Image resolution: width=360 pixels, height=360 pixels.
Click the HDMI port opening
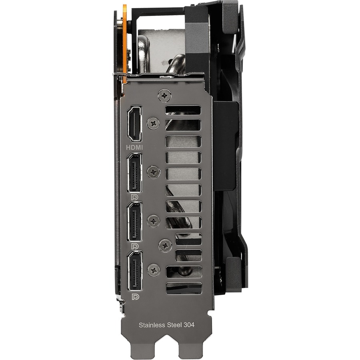[x=134, y=124]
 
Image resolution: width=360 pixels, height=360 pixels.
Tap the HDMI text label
[x=134, y=147]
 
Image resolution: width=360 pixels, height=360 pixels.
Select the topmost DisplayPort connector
[x=134, y=173]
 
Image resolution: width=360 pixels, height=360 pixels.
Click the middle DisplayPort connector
[x=134, y=222]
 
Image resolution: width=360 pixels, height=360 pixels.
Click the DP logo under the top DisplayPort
[x=134, y=197]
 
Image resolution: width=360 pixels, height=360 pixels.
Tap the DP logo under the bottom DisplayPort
[x=136, y=297]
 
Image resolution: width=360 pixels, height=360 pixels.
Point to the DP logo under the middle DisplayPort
[x=135, y=246]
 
